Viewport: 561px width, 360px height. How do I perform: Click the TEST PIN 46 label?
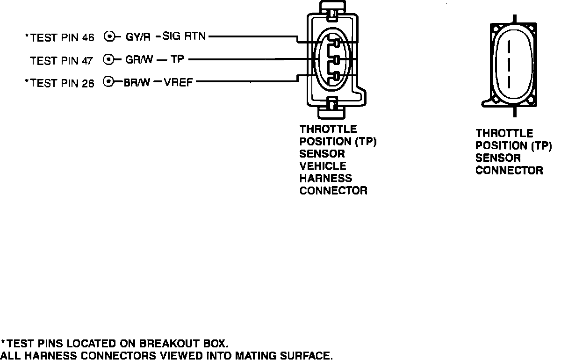[x=60, y=37]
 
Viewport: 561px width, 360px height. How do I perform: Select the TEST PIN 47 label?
[x=62, y=60]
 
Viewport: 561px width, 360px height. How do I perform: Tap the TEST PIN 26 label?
[x=60, y=83]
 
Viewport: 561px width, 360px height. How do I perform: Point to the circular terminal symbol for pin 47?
[x=108, y=59]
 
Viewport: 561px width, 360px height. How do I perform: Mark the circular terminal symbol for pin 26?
[x=108, y=82]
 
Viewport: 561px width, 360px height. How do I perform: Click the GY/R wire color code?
[x=138, y=36]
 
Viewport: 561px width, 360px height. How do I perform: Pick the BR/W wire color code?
[x=137, y=83]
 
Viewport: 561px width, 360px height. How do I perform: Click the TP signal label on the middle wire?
[x=177, y=59]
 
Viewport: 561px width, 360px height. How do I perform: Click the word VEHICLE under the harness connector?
[x=323, y=166]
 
